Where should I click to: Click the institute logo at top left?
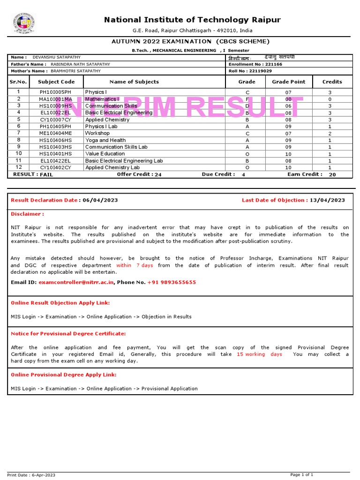click(x=24, y=23)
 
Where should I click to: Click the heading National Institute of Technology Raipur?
click(x=192, y=20)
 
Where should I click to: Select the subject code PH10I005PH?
click(x=56, y=92)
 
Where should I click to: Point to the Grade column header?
click(x=247, y=82)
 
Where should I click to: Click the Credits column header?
click(x=332, y=82)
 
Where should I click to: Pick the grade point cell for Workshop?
click(x=288, y=133)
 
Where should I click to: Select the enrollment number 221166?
click(x=273, y=64)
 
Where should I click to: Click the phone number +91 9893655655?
click(x=172, y=282)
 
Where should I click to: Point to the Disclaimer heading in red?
click(x=27, y=214)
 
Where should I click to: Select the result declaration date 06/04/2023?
click(x=100, y=200)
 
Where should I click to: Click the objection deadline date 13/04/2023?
click(x=328, y=200)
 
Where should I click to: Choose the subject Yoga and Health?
click(x=105, y=140)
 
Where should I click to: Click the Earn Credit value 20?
click(x=332, y=174)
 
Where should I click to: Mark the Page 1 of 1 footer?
click(x=302, y=475)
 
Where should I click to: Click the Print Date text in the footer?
click(x=31, y=475)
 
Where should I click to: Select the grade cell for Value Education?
click(x=247, y=154)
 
